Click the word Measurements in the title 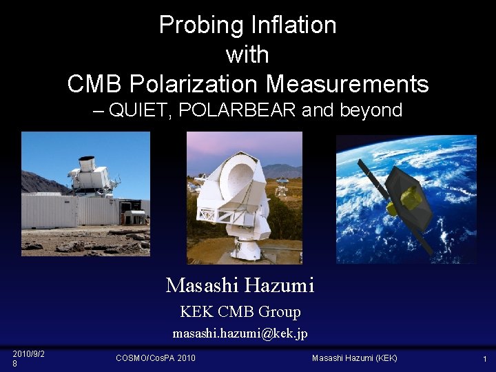point(347,84)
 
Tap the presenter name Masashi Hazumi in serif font point(240,285)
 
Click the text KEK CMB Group point(240,312)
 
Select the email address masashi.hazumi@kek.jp point(240,333)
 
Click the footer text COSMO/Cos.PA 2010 point(156,358)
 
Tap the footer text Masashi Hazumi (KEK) point(354,358)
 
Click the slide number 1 point(484,358)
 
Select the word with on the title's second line point(247,54)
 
